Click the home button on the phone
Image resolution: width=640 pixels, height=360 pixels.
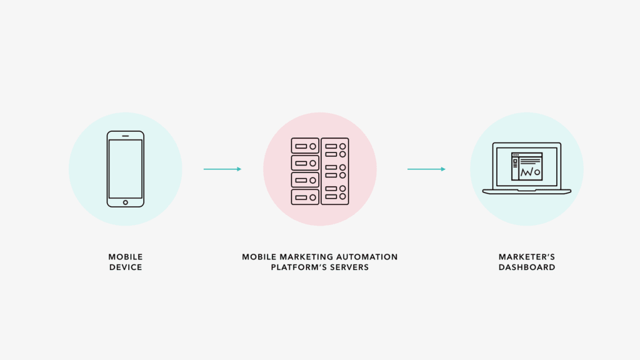click(x=125, y=202)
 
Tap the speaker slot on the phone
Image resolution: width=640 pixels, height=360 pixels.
click(x=125, y=136)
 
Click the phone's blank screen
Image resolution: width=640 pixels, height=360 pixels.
click(x=125, y=169)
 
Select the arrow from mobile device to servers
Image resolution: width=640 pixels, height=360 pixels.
click(x=222, y=169)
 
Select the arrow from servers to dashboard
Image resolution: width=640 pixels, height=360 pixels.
click(x=426, y=169)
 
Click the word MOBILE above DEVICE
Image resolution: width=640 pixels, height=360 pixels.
click(x=125, y=257)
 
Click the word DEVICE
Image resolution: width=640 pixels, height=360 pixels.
click(x=125, y=267)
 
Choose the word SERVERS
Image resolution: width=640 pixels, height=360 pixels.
click(x=350, y=267)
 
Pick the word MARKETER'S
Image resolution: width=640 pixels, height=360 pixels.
click(x=527, y=257)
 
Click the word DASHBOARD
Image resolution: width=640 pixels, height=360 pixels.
click(x=527, y=267)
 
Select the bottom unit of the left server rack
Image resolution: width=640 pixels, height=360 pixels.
click(x=305, y=197)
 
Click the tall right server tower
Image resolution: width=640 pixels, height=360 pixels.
click(x=335, y=171)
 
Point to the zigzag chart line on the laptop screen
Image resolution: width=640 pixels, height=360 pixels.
click(x=530, y=171)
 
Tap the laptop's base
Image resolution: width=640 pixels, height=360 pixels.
click(x=527, y=191)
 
